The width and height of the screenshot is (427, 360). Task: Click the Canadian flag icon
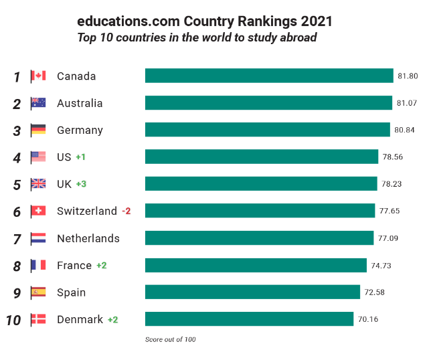point(38,76)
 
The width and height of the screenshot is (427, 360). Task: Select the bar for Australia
point(268,103)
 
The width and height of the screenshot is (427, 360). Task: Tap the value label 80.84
point(404,130)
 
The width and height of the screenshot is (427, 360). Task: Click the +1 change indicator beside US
point(81,157)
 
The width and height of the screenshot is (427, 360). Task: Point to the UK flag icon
point(38,184)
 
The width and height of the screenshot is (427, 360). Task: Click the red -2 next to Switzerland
point(126,211)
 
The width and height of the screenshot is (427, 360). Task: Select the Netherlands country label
point(88,238)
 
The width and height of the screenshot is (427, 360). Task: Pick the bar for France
point(256,266)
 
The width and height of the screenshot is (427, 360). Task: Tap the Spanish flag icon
point(38,292)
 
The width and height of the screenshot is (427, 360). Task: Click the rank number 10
point(13,320)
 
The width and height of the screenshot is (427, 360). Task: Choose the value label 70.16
point(367,320)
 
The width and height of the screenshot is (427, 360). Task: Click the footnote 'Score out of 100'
point(170,340)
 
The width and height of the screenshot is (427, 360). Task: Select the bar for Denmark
point(249,319)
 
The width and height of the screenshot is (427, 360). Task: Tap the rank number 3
point(17,130)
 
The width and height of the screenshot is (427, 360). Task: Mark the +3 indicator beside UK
point(82,184)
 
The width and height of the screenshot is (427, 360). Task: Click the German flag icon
point(38,130)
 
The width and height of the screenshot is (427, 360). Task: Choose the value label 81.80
point(408,76)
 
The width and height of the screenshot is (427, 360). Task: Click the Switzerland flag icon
point(38,211)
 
